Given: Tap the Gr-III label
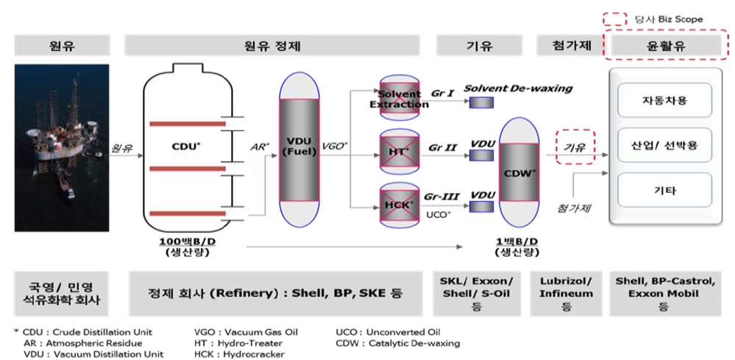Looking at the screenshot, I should (441, 197).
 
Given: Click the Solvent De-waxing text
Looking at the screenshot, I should (518, 88).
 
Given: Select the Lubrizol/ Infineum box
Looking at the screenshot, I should (567, 294).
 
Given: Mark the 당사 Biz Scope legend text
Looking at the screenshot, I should (678, 18).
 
